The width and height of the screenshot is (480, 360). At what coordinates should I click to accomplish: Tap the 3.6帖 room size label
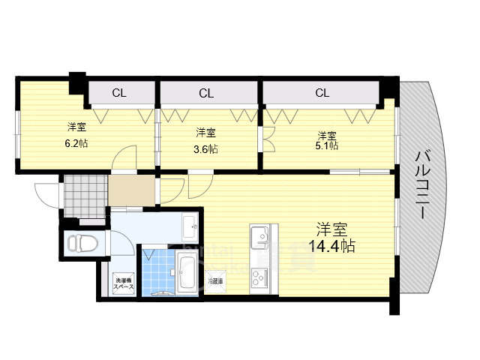(x=207, y=148)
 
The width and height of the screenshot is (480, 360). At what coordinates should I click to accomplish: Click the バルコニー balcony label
(x=420, y=184)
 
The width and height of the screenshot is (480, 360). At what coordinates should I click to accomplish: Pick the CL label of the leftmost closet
(x=118, y=94)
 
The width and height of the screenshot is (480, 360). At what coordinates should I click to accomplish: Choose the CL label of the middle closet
(x=207, y=94)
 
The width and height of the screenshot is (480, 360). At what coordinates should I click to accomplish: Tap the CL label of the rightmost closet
(x=322, y=94)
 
